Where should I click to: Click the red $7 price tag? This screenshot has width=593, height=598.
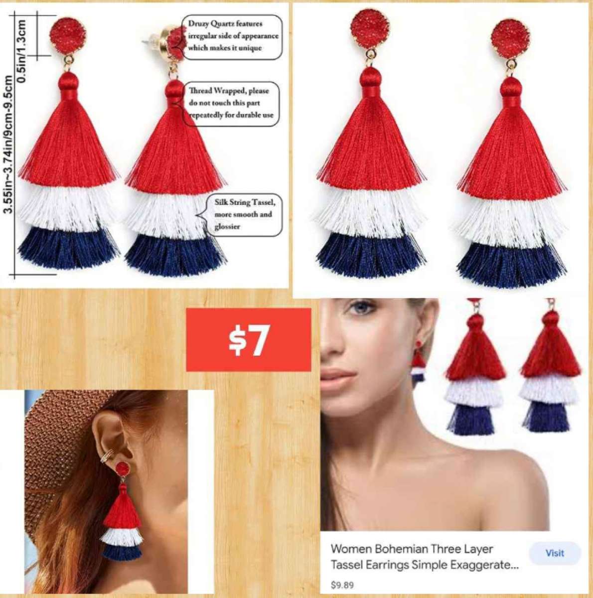[x=249, y=339]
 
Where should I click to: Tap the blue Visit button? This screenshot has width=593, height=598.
[x=554, y=553]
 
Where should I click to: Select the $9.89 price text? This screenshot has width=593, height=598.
[x=342, y=585]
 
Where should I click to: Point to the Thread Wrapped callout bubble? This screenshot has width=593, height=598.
[x=231, y=103]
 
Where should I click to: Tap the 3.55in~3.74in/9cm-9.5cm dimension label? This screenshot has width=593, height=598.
[x=8, y=145]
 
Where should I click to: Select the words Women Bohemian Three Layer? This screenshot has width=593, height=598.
[x=412, y=549]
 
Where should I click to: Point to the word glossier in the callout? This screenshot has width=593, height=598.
[x=228, y=227]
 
